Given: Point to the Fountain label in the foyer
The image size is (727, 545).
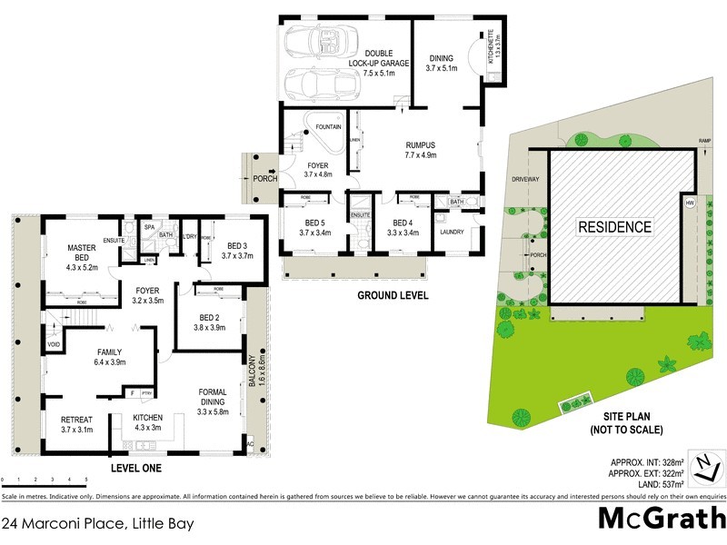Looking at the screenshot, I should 329,127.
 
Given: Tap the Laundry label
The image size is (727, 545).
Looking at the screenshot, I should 452,231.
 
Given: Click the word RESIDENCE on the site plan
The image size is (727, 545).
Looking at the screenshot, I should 614,227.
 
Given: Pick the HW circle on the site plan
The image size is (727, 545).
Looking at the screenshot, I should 690,203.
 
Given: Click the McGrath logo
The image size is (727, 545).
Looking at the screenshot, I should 661,520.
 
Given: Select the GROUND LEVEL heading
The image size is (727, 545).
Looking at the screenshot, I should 393,295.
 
